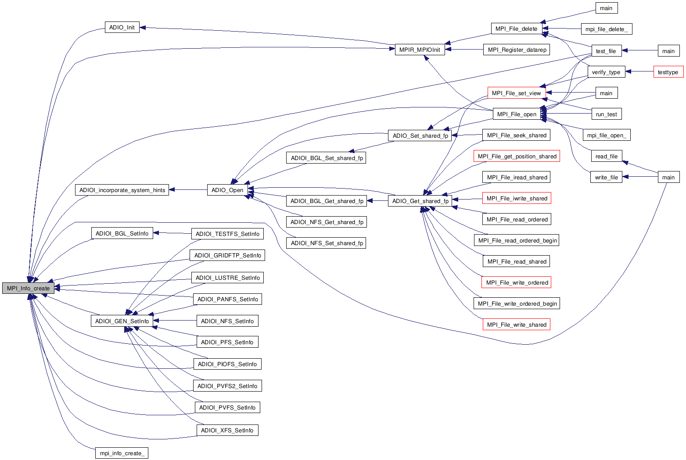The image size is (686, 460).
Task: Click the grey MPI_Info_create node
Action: point(28,288)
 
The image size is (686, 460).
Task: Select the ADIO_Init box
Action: point(122,27)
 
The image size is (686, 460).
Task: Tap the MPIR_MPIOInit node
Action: point(419,50)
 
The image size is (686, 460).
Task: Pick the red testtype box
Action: point(668,72)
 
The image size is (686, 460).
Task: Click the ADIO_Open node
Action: point(227,190)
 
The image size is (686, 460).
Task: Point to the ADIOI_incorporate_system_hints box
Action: point(122,190)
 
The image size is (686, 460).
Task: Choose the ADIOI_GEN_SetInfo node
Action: point(122,321)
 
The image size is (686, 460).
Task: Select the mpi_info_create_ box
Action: point(122,453)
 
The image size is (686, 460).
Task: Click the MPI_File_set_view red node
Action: point(516,93)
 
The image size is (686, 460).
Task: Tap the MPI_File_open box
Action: point(516,114)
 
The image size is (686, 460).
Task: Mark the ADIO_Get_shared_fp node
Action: point(420,201)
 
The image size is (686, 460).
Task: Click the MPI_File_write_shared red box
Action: point(517,324)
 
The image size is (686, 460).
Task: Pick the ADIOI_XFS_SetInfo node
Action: point(227,430)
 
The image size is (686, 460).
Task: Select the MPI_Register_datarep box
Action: point(517,50)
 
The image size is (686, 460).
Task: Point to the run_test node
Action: point(606,114)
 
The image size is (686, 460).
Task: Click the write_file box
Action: point(606,177)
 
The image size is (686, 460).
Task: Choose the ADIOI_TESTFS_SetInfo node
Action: point(227,234)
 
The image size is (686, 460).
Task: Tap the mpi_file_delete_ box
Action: point(606,29)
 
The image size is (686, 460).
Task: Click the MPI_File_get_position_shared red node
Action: point(517,156)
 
